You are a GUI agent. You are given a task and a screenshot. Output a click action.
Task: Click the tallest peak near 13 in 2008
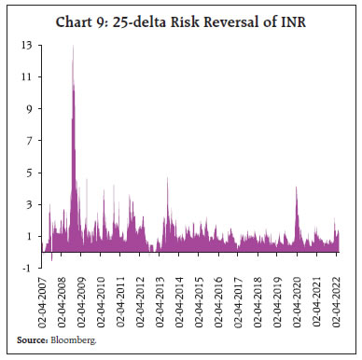click(x=73, y=47)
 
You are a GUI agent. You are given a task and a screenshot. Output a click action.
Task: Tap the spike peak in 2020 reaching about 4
click(x=296, y=187)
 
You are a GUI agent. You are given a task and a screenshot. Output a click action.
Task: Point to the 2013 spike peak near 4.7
click(x=167, y=177)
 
